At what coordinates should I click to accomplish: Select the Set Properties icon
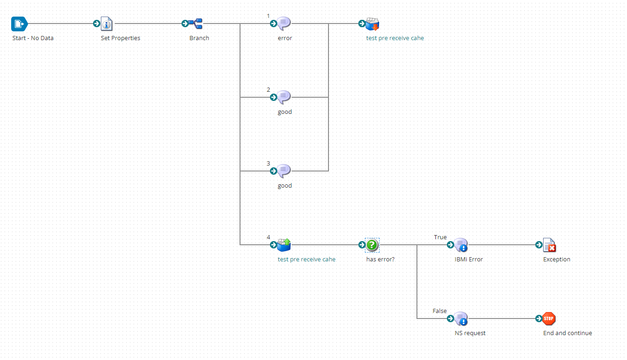(107, 24)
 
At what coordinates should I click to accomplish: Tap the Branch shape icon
(196, 24)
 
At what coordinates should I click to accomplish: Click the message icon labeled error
(284, 24)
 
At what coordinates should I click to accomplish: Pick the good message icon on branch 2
(284, 97)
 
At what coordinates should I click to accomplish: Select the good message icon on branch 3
(284, 171)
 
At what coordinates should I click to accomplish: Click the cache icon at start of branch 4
(284, 245)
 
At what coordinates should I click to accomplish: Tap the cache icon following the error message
(372, 24)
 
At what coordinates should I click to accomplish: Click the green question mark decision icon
(372, 245)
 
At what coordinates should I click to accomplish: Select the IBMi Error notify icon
(461, 245)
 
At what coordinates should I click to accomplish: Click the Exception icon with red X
(549, 245)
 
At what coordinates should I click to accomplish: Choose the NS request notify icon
(461, 319)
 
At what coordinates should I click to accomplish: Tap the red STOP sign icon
(549, 319)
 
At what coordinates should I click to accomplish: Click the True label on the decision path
(440, 237)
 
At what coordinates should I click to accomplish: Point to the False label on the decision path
(439, 311)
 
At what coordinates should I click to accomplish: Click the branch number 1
(268, 16)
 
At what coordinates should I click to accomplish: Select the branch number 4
(268, 237)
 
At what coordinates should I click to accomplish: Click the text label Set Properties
(120, 38)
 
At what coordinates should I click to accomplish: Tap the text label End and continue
(567, 333)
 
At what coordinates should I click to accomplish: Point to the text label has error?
(380, 260)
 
